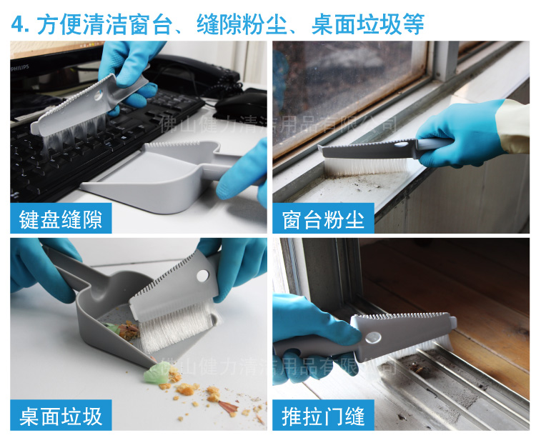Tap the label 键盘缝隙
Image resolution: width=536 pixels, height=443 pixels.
click(x=61, y=219)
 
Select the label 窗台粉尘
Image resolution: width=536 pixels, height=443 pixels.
click(x=323, y=219)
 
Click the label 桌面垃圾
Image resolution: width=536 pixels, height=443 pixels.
click(x=61, y=415)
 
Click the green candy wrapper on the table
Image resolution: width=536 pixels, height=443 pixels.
click(x=155, y=374)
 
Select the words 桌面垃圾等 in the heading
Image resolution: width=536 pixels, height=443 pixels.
click(x=368, y=24)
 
